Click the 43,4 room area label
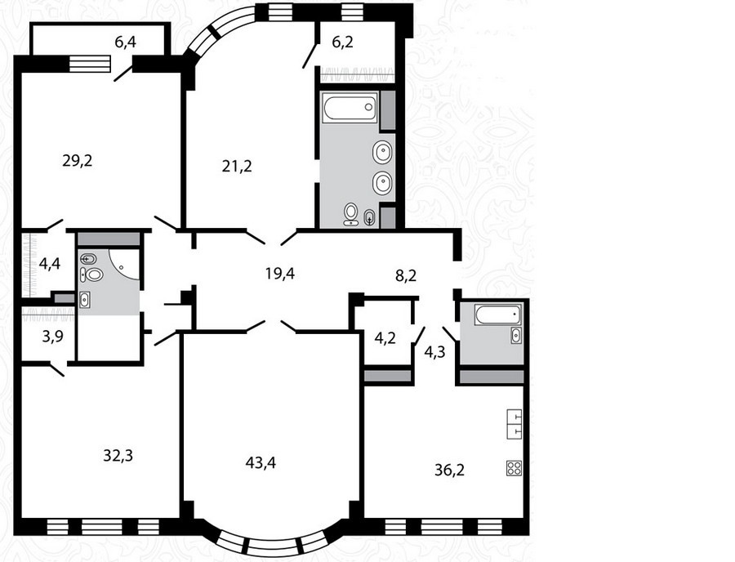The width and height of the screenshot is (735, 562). [x=261, y=463]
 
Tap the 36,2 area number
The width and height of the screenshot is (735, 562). [x=449, y=470]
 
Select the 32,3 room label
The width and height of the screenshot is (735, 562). [x=118, y=455]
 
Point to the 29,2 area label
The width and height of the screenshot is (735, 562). [x=78, y=161]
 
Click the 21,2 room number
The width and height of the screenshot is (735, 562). [x=237, y=166]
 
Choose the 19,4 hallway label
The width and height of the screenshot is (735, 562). [x=280, y=273]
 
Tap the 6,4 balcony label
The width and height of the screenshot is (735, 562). [x=125, y=42]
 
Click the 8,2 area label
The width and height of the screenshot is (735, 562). [x=406, y=275]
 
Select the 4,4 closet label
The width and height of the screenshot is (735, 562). [x=50, y=263]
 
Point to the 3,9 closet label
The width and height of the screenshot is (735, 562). [x=52, y=336]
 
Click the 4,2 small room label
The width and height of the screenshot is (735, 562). [x=385, y=338]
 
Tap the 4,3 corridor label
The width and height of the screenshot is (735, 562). [x=434, y=351]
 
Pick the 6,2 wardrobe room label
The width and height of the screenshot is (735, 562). [x=343, y=42]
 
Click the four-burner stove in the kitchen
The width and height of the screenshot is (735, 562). [x=514, y=468]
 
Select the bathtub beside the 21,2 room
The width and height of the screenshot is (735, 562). [x=350, y=108]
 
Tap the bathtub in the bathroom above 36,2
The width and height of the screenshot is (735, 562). [x=498, y=314]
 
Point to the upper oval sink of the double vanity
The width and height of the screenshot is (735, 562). [x=382, y=152]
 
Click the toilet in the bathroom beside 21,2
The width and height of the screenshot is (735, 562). [x=350, y=214]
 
